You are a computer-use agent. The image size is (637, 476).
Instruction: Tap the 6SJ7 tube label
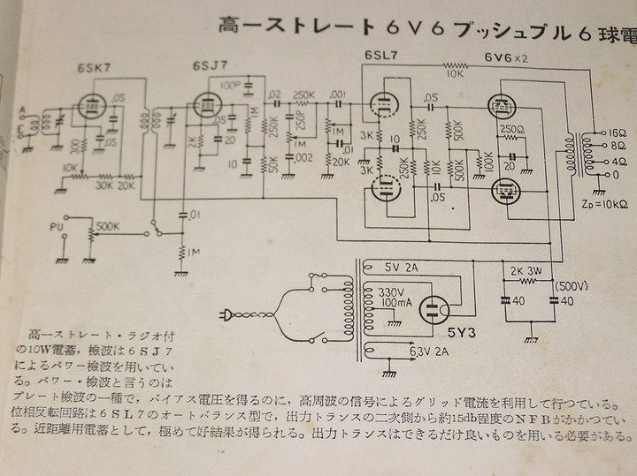coord(209,66)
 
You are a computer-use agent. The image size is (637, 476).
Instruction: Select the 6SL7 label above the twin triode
coord(381,58)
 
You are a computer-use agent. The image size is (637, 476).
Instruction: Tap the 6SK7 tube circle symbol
coord(89,106)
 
